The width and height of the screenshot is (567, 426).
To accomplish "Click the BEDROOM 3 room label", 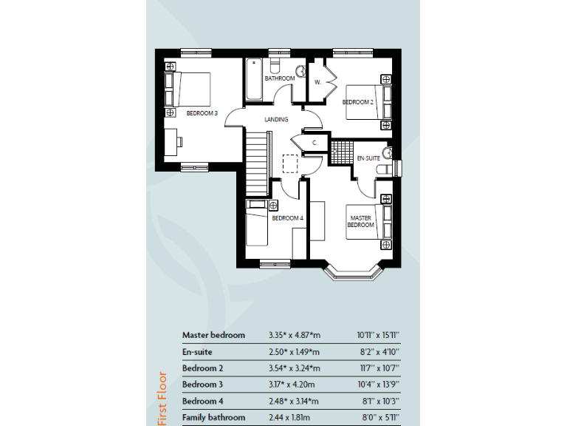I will pos(202,113).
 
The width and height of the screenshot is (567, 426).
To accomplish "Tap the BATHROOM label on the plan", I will pos(280,78).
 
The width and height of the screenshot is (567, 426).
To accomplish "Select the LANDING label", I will pos(276,120).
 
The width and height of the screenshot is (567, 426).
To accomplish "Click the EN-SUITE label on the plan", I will pos(368,158).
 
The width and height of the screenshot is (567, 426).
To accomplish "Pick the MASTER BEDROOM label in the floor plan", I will pos(360,221).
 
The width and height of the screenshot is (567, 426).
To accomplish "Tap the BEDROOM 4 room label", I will pos(287,218).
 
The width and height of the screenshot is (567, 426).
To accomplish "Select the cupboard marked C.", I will pos(314,142).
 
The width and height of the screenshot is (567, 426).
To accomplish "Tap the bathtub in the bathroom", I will pos(254,79).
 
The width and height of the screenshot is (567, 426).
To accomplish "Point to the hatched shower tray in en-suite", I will pos(340,152).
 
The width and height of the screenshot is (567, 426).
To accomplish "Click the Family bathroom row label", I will pos(213,418).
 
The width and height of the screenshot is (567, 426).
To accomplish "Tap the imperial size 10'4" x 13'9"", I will pos(378,385).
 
